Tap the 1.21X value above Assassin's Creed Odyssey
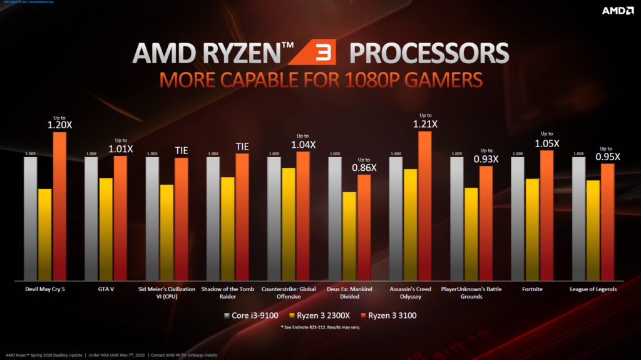click(425, 124)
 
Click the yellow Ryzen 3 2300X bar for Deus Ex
click(349, 235)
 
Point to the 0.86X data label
click(364, 168)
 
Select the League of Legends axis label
click(594, 289)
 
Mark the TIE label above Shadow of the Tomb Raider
click(242, 147)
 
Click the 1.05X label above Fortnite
click(546, 143)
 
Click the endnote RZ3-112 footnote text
click(321, 327)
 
